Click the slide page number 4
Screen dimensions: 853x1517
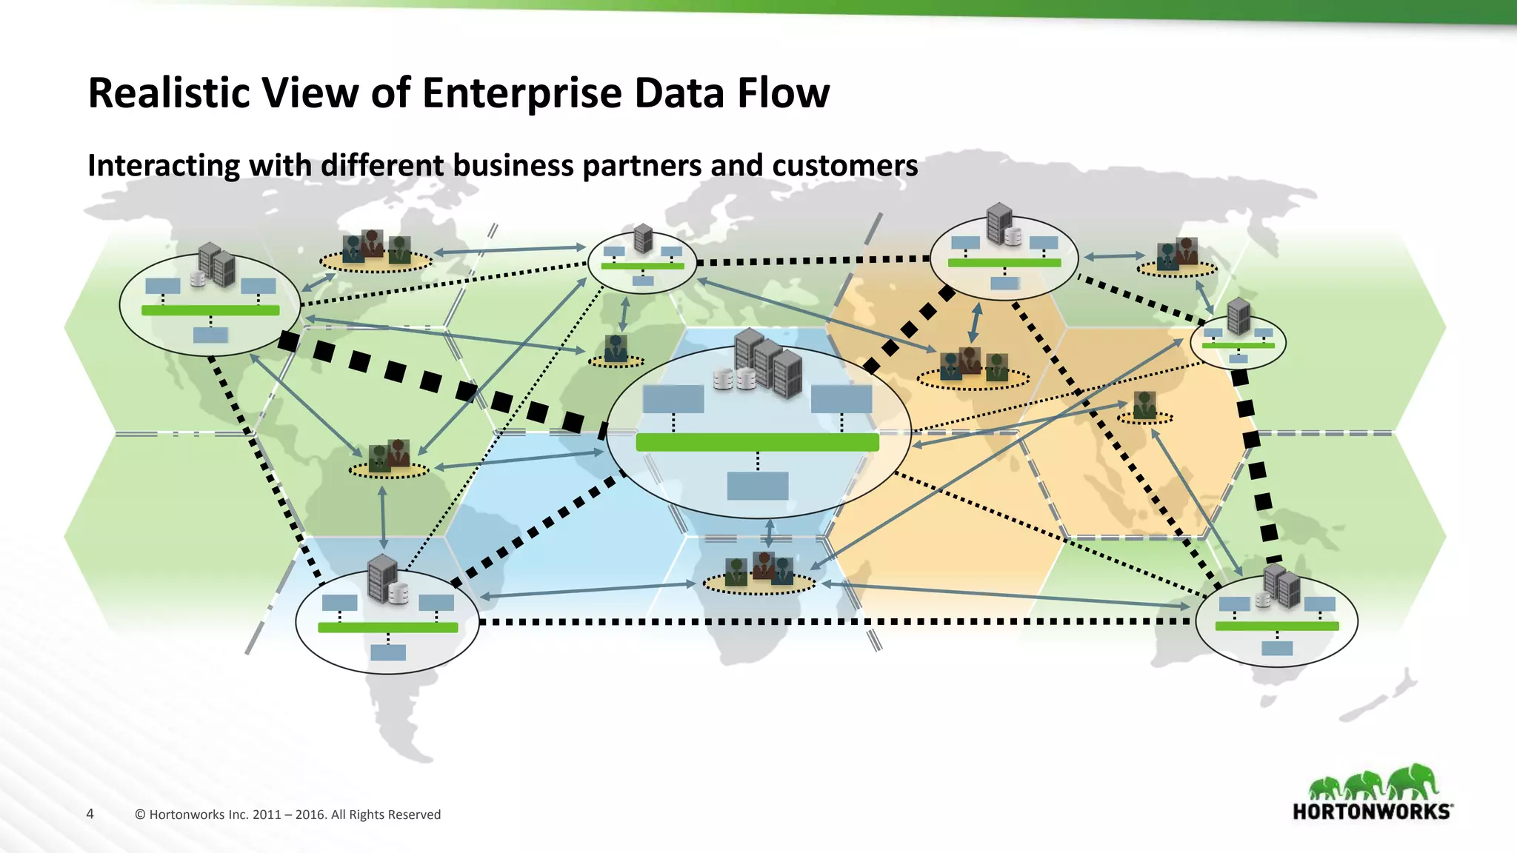[90, 814]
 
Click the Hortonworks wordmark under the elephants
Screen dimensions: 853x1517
[1372, 812]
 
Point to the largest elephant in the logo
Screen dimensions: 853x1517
[1413, 782]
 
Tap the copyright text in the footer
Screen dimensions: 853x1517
[288, 814]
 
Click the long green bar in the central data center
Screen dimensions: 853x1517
[757, 443]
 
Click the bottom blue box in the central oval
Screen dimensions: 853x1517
[757, 486]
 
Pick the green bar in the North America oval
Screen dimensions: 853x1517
[210, 310]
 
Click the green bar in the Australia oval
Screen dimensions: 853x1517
[1277, 626]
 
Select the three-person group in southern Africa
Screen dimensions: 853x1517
[758, 570]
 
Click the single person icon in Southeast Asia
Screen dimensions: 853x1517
[1144, 406]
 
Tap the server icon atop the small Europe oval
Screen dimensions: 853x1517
[643, 238]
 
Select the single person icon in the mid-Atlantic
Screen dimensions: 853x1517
[616, 348]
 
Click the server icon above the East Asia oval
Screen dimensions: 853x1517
[1238, 316]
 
